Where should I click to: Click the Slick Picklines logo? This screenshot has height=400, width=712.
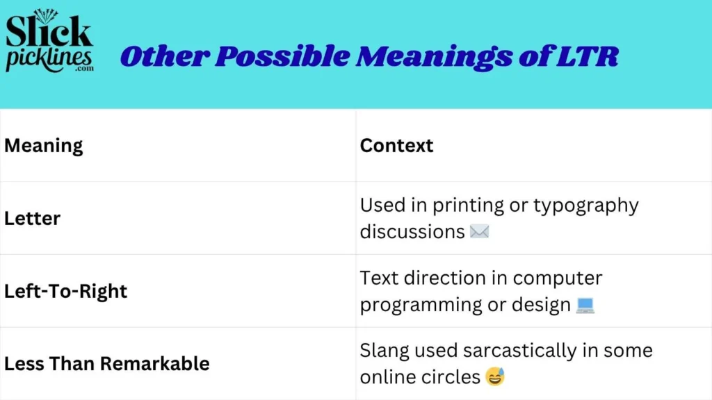[x=49, y=43]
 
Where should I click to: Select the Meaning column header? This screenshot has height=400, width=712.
[x=43, y=146]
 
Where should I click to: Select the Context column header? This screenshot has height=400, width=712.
[x=396, y=146]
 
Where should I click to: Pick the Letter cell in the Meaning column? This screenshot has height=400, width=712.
[x=32, y=218]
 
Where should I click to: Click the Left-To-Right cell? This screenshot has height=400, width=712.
[x=65, y=291]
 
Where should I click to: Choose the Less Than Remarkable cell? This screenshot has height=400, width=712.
[x=106, y=363]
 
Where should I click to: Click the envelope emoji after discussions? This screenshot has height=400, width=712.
[x=479, y=231]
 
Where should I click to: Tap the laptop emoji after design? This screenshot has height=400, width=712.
[x=585, y=305]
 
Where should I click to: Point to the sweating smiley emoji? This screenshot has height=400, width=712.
[x=495, y=377]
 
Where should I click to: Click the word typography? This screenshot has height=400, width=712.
[x=587, y=206]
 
